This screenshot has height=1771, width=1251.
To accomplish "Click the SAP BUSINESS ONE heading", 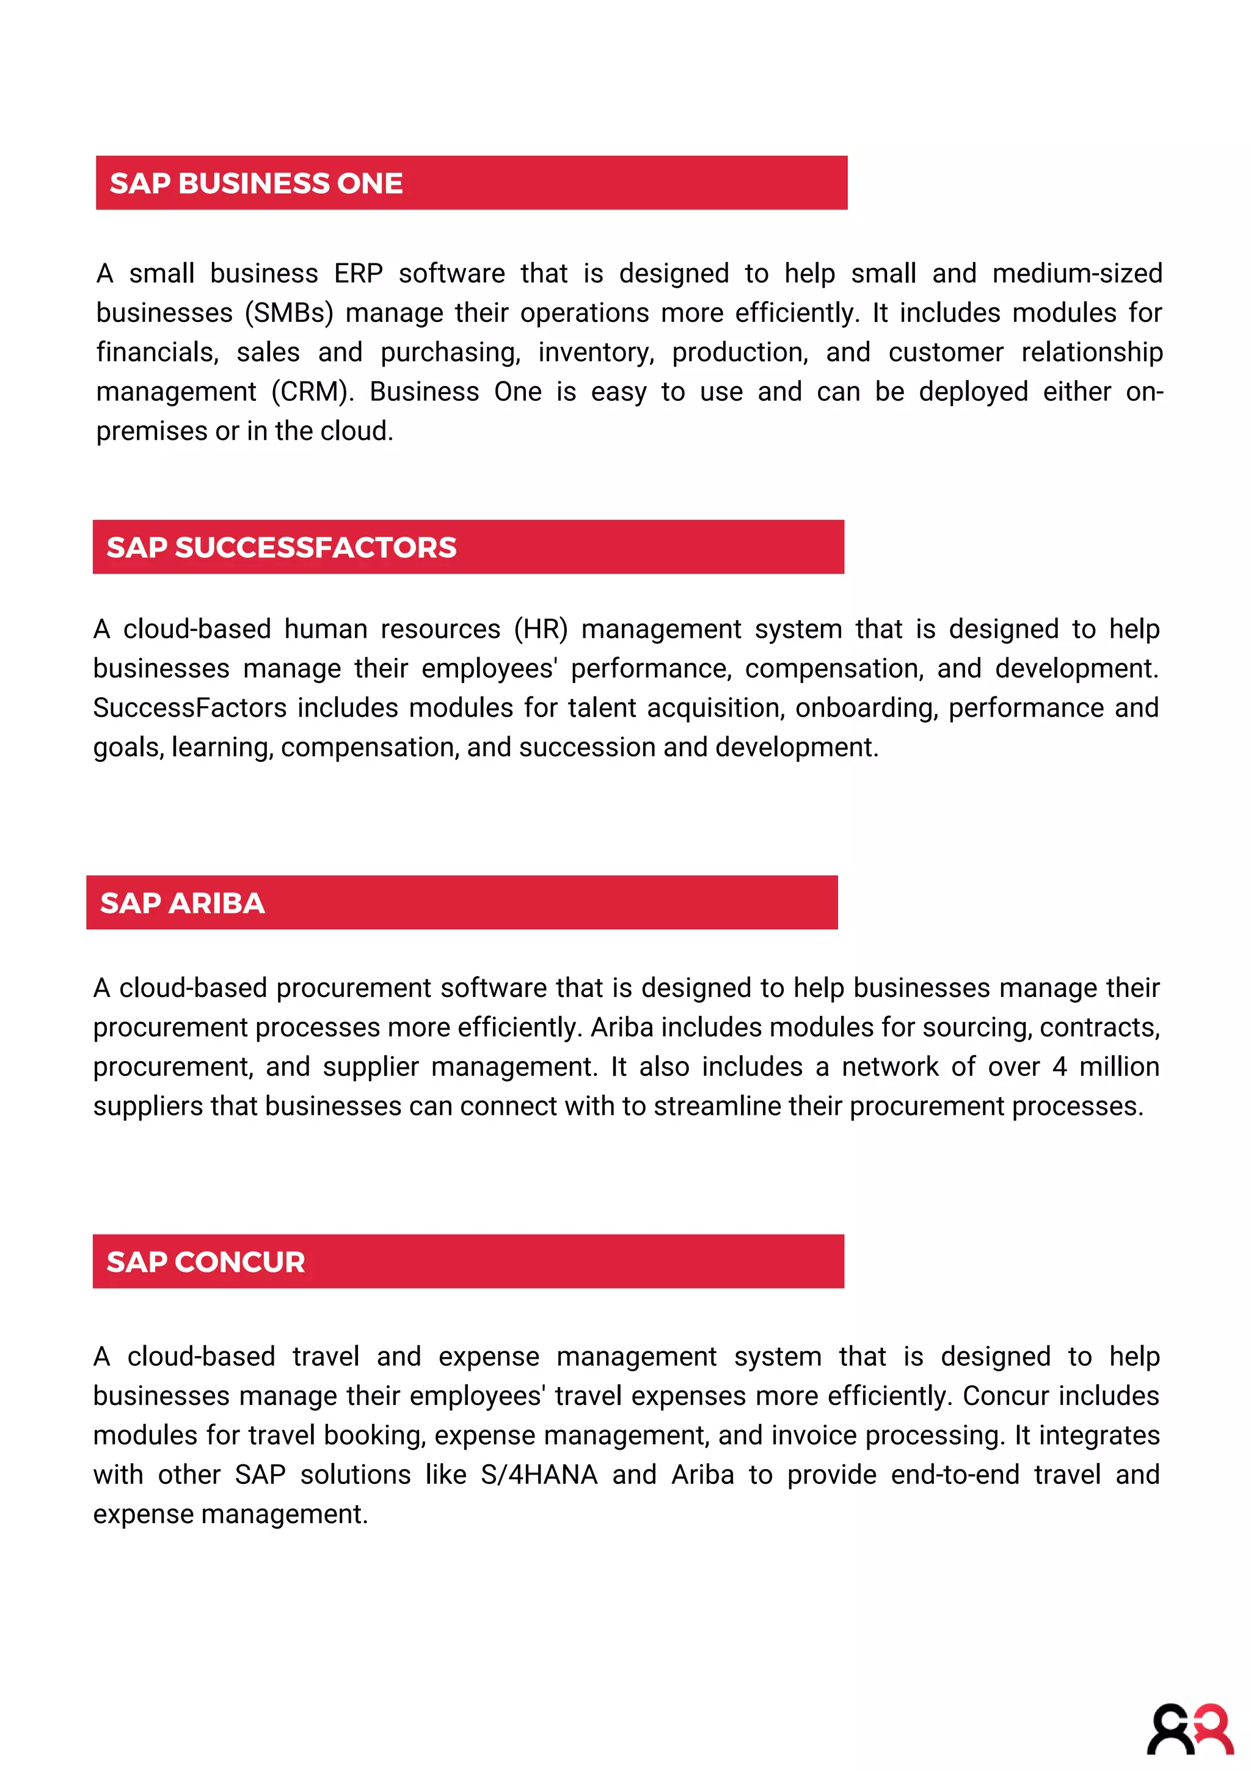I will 255,184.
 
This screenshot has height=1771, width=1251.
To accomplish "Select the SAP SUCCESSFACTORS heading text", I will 281,547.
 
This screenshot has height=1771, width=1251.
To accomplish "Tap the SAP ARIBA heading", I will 182,904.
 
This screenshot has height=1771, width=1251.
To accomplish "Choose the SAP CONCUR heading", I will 205,1262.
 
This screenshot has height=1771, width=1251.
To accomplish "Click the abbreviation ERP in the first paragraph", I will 358,274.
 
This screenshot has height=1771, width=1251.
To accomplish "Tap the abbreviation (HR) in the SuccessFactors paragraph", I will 541,629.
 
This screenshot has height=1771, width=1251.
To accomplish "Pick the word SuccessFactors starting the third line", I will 190,708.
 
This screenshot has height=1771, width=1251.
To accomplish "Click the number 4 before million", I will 1060,1067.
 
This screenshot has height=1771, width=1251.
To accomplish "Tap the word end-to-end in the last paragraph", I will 955,1475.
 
